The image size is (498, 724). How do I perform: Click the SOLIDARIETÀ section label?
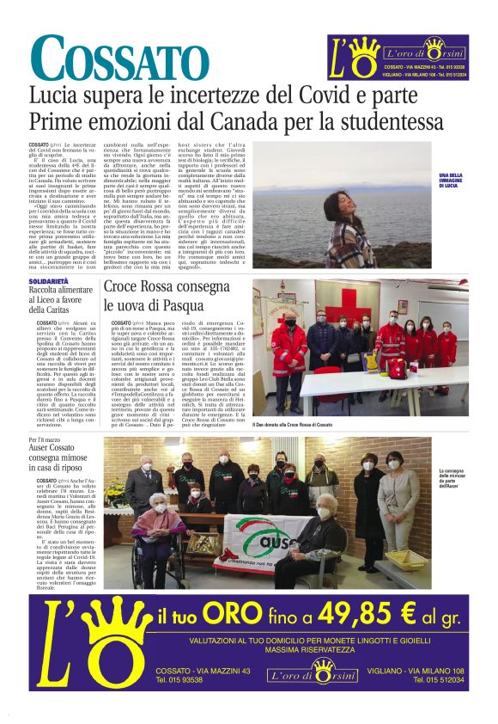tap(48, 281)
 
